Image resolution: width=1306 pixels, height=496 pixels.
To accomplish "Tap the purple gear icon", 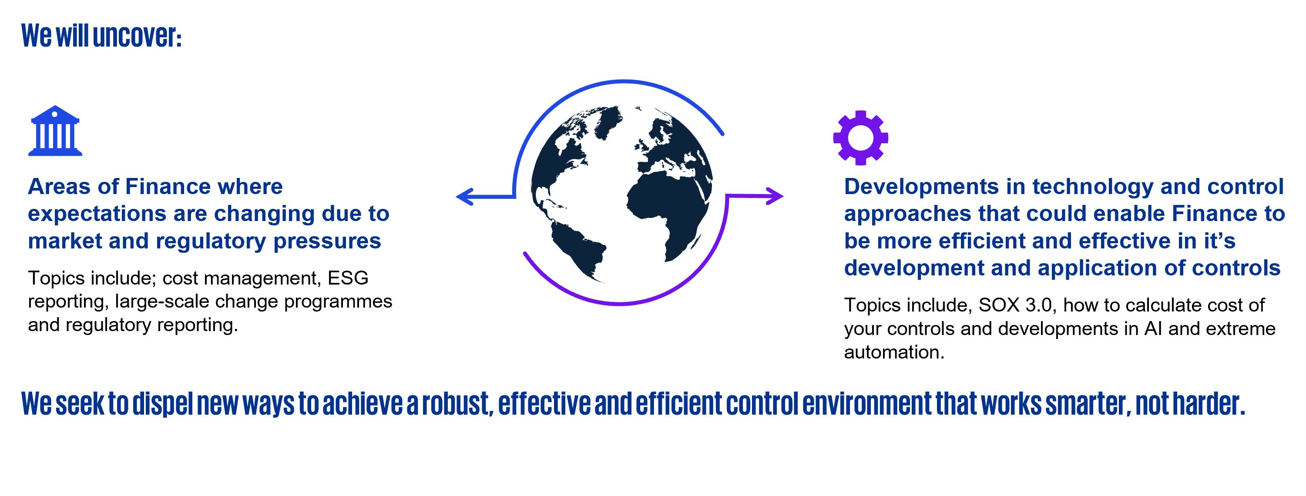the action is pos(860,137).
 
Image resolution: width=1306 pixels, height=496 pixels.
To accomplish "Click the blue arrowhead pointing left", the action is pos(464,197).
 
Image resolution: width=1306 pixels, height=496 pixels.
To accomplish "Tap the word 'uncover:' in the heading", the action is pos(136,36).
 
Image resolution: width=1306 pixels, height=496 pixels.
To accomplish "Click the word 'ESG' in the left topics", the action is pos(348,278).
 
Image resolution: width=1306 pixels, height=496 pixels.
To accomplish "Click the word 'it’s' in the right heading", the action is pos(1220,241).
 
